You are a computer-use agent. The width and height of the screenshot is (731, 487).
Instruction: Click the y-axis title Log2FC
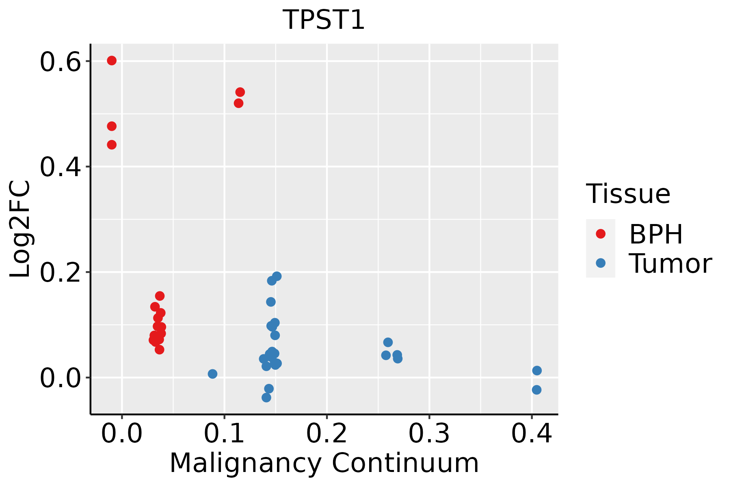click(20, 229)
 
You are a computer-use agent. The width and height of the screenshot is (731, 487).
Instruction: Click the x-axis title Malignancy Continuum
click(324, 463)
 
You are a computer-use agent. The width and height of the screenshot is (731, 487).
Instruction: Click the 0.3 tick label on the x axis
click(429, 433)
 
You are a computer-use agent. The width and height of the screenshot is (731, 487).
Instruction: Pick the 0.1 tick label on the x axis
click(224, 433)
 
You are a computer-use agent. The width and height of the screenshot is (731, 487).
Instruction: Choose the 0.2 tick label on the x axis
click(327, 433)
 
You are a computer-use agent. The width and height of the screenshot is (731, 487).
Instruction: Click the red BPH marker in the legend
click(600, 234)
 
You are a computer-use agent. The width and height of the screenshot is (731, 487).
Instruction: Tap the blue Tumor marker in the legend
click(600, 263)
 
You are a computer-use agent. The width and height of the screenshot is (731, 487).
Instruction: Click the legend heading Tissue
click(628, 194)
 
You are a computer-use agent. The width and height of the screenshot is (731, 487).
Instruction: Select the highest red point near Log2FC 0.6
click(112, 60)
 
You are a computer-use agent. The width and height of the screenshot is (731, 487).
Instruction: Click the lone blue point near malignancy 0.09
click(212, 374)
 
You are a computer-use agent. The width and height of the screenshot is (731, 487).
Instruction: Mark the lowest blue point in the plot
click(266, 397)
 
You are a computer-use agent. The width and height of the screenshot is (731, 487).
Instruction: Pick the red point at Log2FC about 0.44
click(112, 144)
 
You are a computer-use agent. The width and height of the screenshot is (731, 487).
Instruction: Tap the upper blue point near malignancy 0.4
click(537, 371)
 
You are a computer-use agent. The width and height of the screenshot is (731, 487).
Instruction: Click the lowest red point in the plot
click(160, 349)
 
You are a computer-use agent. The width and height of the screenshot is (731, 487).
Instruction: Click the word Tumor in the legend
click(670, 264)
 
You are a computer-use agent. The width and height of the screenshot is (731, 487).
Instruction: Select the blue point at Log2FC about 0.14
click(271, 302)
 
